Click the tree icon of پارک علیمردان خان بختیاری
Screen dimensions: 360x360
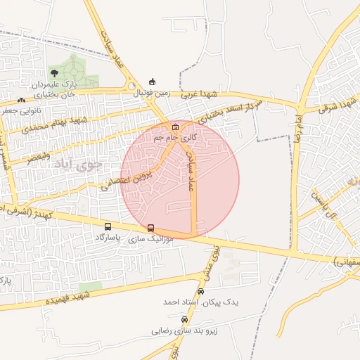[x=54, y=72]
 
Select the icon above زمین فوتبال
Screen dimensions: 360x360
[x=153, y=82]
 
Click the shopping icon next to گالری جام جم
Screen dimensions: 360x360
[x=175, y=127]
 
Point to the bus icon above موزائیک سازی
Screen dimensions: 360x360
[x=150, y=228]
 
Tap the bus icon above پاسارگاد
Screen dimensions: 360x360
[x=108, y=226]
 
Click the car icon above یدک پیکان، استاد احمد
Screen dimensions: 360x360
[x=201, y=291]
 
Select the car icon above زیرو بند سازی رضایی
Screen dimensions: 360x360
[x=184, y=319]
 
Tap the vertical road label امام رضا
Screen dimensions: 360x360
[x=297, y=130]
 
